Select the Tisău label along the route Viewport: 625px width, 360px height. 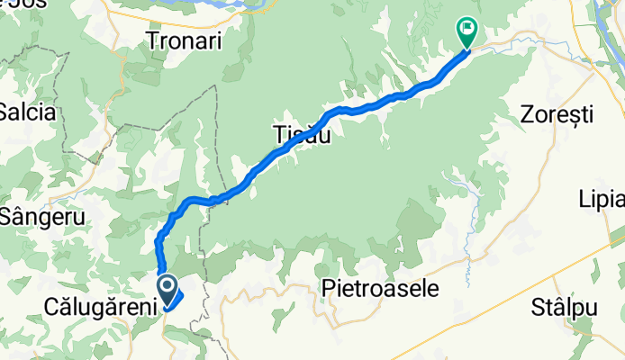click(301, 136)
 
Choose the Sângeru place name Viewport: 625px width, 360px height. click(41, 217)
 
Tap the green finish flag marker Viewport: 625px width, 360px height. click(467, 31)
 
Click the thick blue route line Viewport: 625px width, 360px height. click(378, 103)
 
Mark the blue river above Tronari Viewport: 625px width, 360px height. click(216, 6)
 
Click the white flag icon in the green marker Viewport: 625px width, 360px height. click(467, 29)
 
